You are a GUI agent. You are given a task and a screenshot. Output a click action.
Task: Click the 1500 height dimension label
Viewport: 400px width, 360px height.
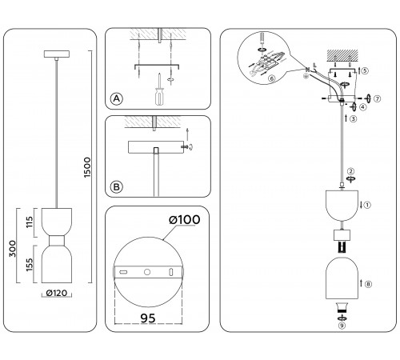click(87, 167)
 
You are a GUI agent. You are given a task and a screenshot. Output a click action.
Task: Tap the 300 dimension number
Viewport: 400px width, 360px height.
click(13, 249)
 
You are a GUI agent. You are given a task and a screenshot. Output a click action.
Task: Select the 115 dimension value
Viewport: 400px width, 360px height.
click(30, 222)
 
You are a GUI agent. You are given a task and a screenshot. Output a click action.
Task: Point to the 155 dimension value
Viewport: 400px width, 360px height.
click(30, 265)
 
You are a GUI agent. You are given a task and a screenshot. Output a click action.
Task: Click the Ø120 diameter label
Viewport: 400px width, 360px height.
click(57, 293)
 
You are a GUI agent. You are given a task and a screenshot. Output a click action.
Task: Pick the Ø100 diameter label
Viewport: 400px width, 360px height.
click(184, 220)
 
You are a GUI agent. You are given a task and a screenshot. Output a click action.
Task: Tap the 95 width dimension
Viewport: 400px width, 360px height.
click(148, 318)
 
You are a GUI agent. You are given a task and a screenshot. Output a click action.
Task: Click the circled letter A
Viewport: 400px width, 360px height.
click(117, 98)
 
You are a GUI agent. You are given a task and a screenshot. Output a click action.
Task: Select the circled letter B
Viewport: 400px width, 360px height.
click(117, 187)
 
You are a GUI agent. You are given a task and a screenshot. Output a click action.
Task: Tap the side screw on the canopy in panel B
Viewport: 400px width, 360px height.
click(185, 147)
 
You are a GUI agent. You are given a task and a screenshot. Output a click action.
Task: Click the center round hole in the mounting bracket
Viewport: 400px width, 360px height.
click(147, 272)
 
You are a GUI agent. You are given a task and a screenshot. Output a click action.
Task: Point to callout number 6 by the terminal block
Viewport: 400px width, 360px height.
click(272, 78)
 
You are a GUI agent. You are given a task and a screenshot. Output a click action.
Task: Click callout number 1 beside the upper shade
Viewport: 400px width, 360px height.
click(367, 205)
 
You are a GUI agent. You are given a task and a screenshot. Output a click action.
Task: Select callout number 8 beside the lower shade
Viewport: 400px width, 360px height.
click(368, 284)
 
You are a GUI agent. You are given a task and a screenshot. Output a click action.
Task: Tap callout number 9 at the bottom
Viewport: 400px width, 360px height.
click(342, 326)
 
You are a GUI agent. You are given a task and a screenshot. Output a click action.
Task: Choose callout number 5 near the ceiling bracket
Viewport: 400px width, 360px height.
click(365, 70)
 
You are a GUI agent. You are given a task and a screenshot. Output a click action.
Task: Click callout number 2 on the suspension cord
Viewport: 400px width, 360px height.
click(351, 171)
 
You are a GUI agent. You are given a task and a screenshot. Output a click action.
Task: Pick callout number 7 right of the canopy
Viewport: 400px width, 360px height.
click(377, 98)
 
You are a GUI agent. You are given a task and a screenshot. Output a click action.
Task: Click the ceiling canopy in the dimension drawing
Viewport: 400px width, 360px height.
click(57, 54)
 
